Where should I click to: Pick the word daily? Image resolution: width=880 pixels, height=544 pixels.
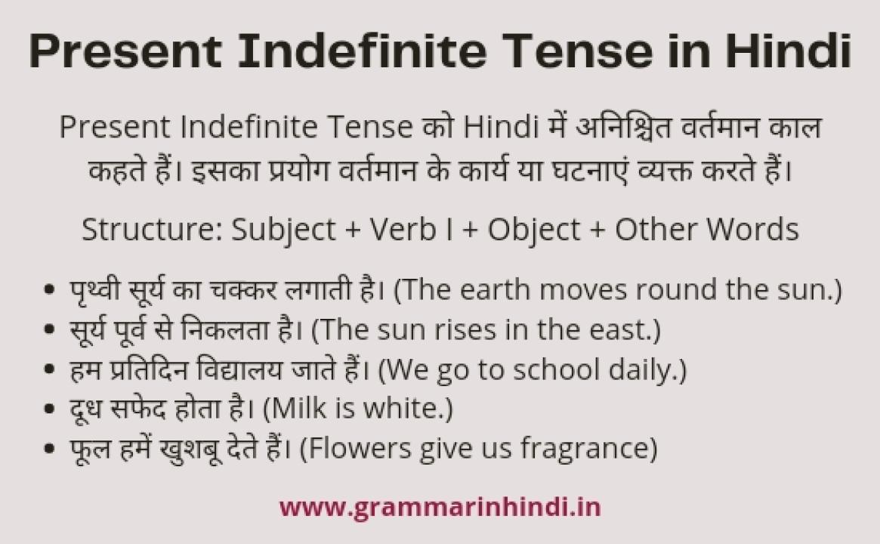coord(643,370)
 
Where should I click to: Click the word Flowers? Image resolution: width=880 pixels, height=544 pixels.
coord(357,449)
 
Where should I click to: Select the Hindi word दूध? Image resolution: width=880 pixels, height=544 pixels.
coord(84,410)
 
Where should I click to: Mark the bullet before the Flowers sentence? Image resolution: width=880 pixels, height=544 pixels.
coord(50,450)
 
